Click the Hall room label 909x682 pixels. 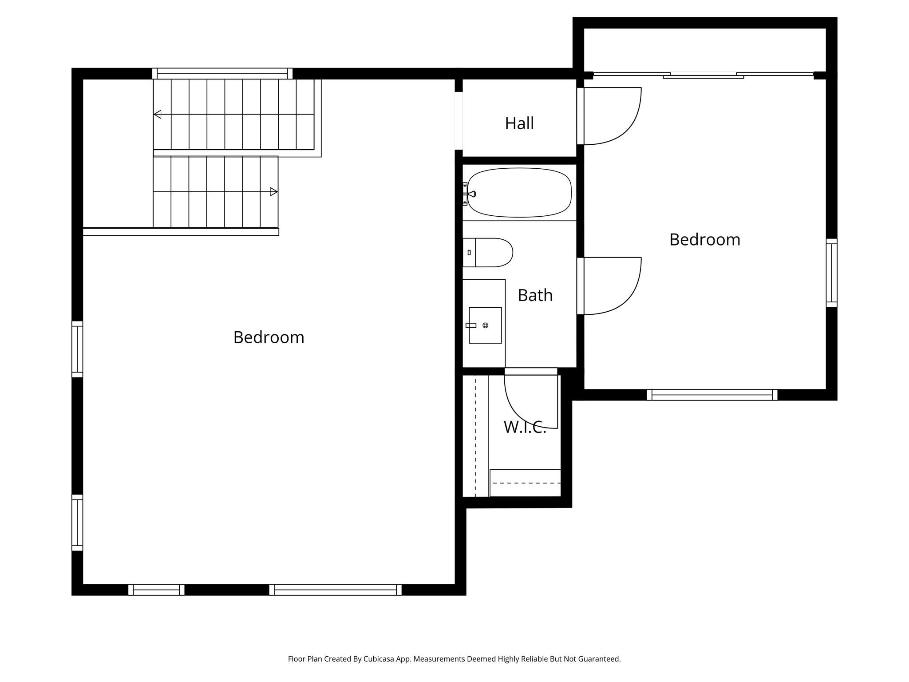(519, 123)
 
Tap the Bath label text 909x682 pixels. (535, 295)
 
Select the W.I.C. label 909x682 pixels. (524, 427)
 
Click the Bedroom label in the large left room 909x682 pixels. (269, 337)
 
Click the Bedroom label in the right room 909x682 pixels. (704, 240)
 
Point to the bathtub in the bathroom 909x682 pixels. (519, 193)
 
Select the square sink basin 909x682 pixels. (485, 325)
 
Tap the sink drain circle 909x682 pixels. (485, 325)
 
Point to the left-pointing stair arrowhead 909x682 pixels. (157, 115)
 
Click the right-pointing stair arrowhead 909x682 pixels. (274, 192)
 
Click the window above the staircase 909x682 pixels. (222, 73)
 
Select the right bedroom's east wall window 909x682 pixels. (831, 273)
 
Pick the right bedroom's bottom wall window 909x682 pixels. (712, 395)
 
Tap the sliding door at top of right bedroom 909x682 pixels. (703, 75)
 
